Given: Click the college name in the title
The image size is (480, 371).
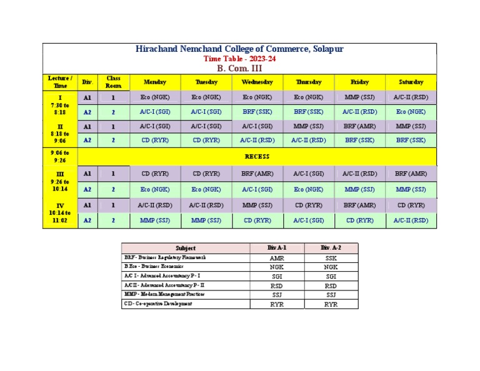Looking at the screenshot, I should coord(239,49).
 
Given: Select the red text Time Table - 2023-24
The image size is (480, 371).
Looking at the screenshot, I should coord(239,59).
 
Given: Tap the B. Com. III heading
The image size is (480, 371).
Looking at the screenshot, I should coord(239,68).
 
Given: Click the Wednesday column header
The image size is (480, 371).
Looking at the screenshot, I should coord(257,82).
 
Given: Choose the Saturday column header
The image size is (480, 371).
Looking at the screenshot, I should coord(411,82).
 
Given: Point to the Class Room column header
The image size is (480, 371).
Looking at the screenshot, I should coord(113,82).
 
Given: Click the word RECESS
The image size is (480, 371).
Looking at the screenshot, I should coord(257,157).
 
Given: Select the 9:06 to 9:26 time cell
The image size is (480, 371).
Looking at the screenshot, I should coord(61,157).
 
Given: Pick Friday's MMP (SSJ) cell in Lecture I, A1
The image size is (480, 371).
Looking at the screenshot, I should coord(359,97).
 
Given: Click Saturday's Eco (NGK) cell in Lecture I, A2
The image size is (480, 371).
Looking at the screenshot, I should coord(411,112).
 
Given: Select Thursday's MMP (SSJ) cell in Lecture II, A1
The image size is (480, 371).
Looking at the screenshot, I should coord(308,126).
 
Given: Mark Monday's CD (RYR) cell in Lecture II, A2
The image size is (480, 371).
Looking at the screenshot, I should coord(154,141).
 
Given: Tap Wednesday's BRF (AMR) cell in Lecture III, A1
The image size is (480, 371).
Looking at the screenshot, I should coord(257,174).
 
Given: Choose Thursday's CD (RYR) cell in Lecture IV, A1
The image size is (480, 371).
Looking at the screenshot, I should coord(308,205).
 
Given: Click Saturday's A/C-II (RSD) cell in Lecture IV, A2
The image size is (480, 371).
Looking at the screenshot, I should coord(411,220).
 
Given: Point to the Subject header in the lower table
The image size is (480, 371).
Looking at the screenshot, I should coord(186,249).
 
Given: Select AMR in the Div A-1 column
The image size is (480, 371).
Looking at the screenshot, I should coord(277,258).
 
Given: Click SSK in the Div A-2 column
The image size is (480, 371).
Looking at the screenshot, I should coord(331,258).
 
